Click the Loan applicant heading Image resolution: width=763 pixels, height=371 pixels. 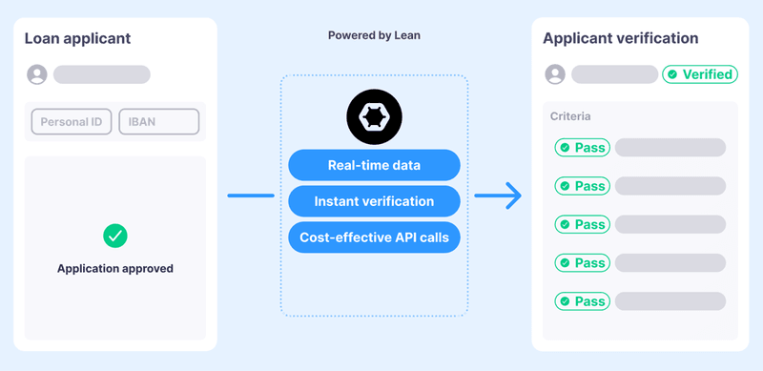(x=77, y=39)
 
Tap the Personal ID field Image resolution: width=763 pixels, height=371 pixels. (x=72, y=121)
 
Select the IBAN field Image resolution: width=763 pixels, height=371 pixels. (x=158, y=121)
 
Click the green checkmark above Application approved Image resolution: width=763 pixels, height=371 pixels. (x=115, y=235)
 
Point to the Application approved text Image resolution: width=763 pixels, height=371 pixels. (x=115, y=269)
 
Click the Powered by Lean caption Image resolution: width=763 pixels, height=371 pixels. (x=374, y=35)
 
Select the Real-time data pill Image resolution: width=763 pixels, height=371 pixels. (x=374, y=165)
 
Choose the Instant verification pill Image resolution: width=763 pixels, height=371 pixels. (x=374, y=201)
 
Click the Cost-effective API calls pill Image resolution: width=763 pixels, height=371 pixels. (x=374, y=237)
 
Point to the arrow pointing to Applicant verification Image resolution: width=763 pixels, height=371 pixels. (x=498, y=196)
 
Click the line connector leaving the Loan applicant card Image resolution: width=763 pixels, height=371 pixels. (x=251, y=196)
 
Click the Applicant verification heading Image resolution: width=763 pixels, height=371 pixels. (x=620, y=39)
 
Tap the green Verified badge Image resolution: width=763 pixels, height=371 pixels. (x=699, y=74)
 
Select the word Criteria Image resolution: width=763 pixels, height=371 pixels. (x=570, y=116)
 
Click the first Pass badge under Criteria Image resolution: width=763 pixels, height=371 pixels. (x=582, y=148)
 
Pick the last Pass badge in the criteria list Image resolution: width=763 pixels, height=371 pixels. (x=582, y=301)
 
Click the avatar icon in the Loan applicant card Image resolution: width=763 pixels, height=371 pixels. (x=37, y=74)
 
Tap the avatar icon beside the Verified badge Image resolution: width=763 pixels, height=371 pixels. (x=555, y=74)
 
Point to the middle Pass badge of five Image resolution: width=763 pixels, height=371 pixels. (x=582, y=224)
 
